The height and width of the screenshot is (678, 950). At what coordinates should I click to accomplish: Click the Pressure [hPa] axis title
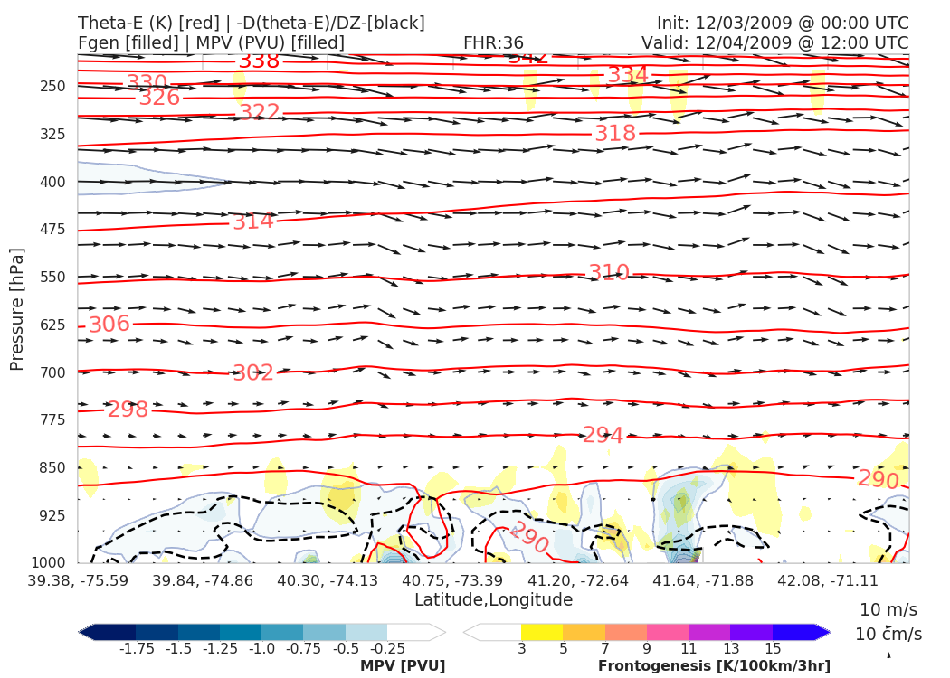pyautogui.click(x=17, y=307)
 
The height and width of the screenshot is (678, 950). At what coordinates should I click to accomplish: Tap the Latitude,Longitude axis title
pyautogui.click(x=493, y=599)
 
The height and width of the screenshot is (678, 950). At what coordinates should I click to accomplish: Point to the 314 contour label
pyautogui.click(x=253, y=221)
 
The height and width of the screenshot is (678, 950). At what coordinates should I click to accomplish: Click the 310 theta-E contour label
pyautogui.click(x=609, y=273)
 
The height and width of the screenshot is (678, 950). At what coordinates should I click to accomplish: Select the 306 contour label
pyautogui.click(x=109, y=325)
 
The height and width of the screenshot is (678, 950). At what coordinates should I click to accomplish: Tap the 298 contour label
pyautogui.click(x=128, y=410)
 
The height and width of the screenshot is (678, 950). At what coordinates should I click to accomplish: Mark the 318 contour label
pyautogui.click(x=615, y=134)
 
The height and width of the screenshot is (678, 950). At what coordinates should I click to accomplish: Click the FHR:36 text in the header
pyautogui.click(x=493, y=42)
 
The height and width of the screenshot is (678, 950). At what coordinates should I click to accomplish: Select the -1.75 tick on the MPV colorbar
pyautogui.click(x=136, y=648)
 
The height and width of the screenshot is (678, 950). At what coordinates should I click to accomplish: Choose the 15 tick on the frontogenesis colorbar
pyautogui.click(x=773, y=648)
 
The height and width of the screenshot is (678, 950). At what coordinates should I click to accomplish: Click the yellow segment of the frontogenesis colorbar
pyautogui.click(x=541, y=631)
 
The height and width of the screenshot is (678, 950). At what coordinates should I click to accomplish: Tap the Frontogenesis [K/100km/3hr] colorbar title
pyautogui.click(x=714, y=665)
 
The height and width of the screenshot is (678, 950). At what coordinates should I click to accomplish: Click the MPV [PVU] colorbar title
pyautogui.click(x=403, y=665)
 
